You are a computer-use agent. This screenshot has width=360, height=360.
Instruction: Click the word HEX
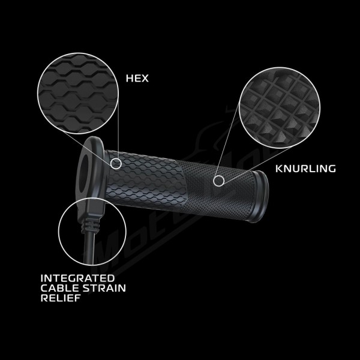(x=137, y=78)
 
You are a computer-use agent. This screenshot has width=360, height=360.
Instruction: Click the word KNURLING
(x=305, y=169)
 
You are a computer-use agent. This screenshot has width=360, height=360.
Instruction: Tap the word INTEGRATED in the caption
(x=77, y=278)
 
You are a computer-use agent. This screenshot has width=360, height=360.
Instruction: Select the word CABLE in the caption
(x=60, y=288)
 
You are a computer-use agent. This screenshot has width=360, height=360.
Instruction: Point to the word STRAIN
(x=104, y=288)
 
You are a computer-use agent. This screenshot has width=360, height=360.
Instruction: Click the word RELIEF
(x=61, y=298)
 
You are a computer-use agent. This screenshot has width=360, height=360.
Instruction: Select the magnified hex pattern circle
(x=78, y=94)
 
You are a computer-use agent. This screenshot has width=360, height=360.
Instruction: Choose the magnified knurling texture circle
(x=280, y=108)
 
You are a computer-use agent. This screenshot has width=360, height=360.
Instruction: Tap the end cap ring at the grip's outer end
(x=261, y=196)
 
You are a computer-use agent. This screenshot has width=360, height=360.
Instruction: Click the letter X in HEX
(x=145, y=78)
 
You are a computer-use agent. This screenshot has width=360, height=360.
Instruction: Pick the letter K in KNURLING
(x=279, y=169)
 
